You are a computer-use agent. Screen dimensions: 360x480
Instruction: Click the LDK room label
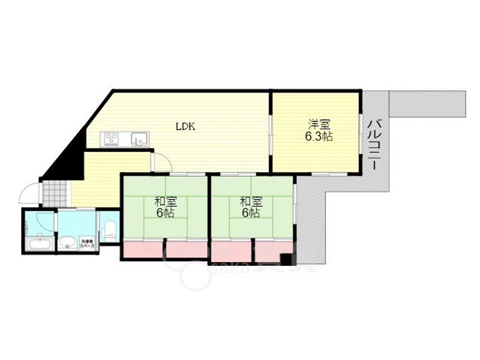tap(185, 126)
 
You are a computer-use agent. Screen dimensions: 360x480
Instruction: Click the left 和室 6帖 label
tap(165, 207)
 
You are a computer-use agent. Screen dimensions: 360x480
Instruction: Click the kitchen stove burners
tap(111, 139)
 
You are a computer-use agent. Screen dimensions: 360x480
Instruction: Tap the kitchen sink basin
tap(140, 139)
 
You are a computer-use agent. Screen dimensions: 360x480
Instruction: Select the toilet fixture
tap(111, 231)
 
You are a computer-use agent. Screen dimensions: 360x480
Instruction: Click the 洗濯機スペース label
tap(87, 243)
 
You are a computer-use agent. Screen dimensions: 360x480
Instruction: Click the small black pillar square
tap(287, 259)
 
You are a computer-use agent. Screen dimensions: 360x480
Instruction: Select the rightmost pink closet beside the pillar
tap(267, 251)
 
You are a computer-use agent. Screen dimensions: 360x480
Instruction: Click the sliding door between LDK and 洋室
tap(271, 134)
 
